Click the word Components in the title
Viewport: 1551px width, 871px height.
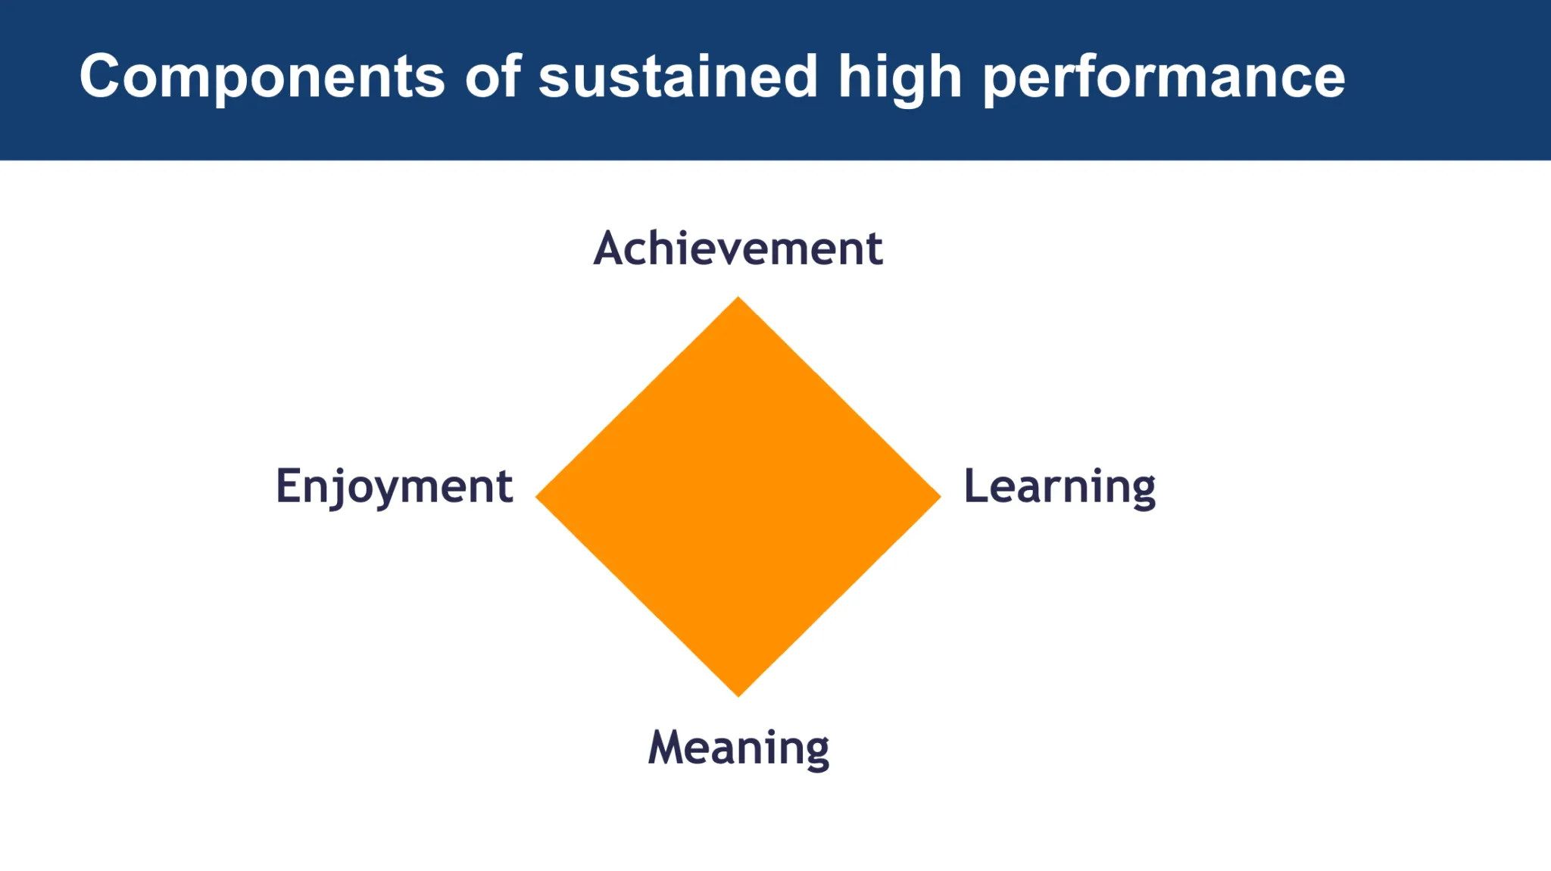262,76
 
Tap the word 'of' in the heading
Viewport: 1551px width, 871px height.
493,75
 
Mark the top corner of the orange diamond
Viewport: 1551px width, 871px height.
738,297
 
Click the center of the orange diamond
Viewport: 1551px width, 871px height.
738,497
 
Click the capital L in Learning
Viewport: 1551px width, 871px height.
977,485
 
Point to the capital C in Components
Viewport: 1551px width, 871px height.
104,76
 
